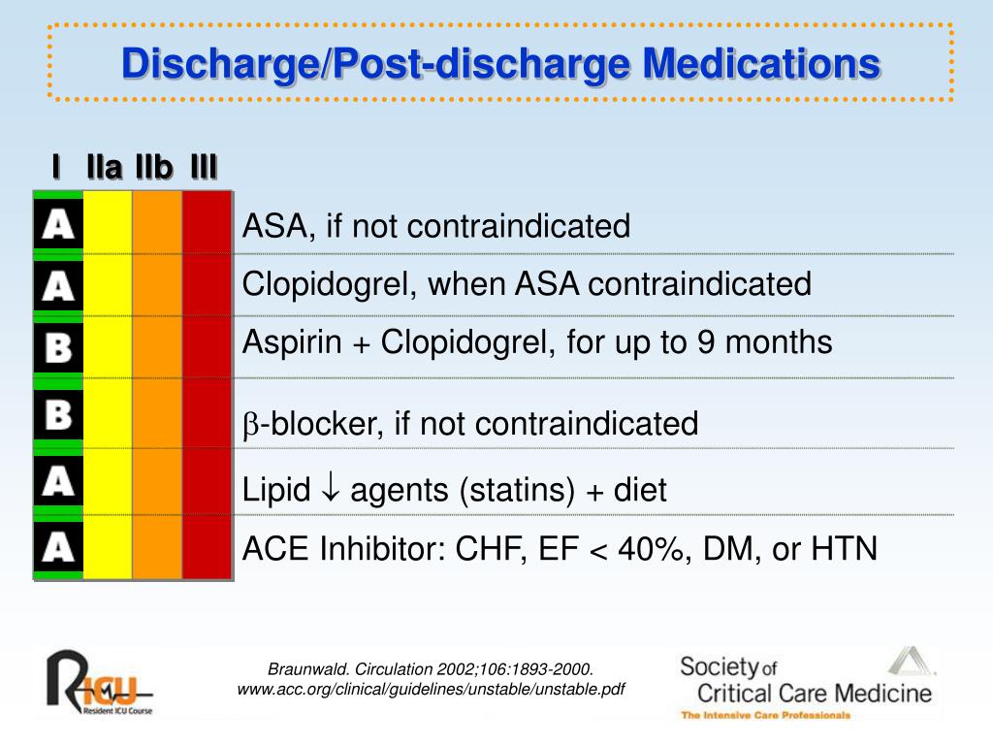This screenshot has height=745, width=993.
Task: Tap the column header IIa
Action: [x=104, y=168]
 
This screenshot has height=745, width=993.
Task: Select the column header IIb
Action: [x=154, y=168]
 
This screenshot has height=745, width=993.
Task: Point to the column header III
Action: [x=204, y=168]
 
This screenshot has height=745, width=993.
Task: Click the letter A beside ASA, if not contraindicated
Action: [x=58, y=226]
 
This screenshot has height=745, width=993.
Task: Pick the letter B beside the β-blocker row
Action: [x=58, y=417]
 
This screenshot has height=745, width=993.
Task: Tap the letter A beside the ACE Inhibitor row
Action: [x=58, y=548]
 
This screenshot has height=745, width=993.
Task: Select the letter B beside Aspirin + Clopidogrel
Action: [x=58, y=347]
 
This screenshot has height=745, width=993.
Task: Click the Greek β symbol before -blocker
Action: [x=248, y=425]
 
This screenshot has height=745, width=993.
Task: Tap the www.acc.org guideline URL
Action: [x=432, y=690]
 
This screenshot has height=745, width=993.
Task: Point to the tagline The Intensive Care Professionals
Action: [x=765, y=716]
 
